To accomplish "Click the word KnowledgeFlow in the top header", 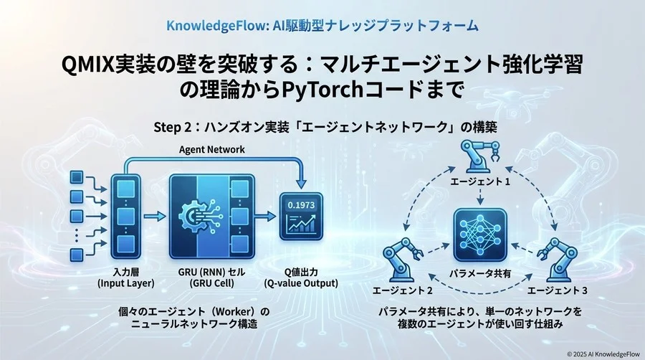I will (x=208, y=25).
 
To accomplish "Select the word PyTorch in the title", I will (x=308, y=93).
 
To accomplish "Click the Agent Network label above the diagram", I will (x=211, y=149).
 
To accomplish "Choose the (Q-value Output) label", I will (x=302, y=283).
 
